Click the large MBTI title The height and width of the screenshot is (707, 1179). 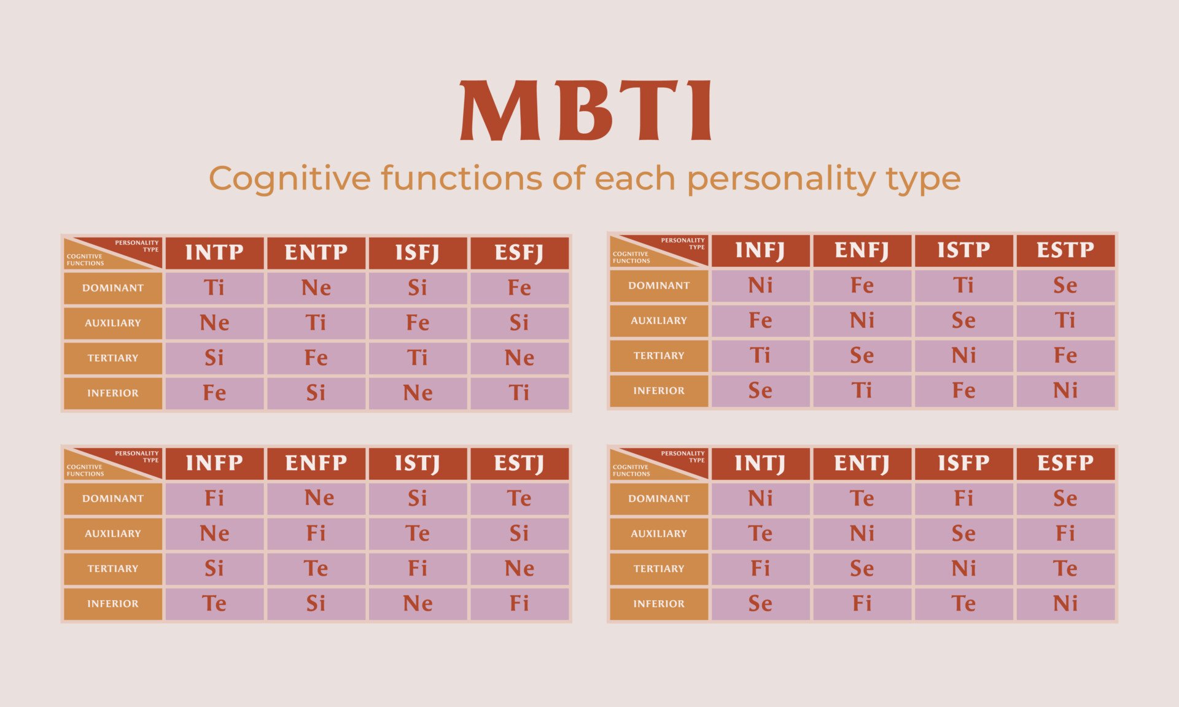586,110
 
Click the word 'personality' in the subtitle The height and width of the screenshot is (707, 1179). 782,179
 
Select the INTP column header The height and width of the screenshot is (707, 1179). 214,252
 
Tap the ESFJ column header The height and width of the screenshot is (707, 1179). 519,252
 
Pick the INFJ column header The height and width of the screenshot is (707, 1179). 760,250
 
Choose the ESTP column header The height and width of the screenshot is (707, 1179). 1065,250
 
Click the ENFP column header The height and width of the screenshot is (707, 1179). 316,463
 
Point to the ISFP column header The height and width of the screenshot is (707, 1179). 963,463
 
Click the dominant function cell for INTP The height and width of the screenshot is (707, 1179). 214,288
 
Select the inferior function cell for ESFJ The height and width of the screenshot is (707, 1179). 519,393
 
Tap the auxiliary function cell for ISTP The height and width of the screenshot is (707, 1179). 963,320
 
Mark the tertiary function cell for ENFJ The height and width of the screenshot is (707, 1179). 862,355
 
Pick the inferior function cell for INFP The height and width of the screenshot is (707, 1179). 214,603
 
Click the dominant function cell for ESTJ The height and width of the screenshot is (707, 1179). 519,498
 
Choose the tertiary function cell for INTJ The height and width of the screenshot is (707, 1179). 760,568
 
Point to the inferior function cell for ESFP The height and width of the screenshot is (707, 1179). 1065,603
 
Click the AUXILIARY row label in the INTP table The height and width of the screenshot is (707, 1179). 113,323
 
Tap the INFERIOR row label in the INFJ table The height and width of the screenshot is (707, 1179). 659,390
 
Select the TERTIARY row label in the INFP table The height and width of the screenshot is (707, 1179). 113,568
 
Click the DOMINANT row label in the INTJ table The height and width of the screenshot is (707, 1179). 659,498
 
